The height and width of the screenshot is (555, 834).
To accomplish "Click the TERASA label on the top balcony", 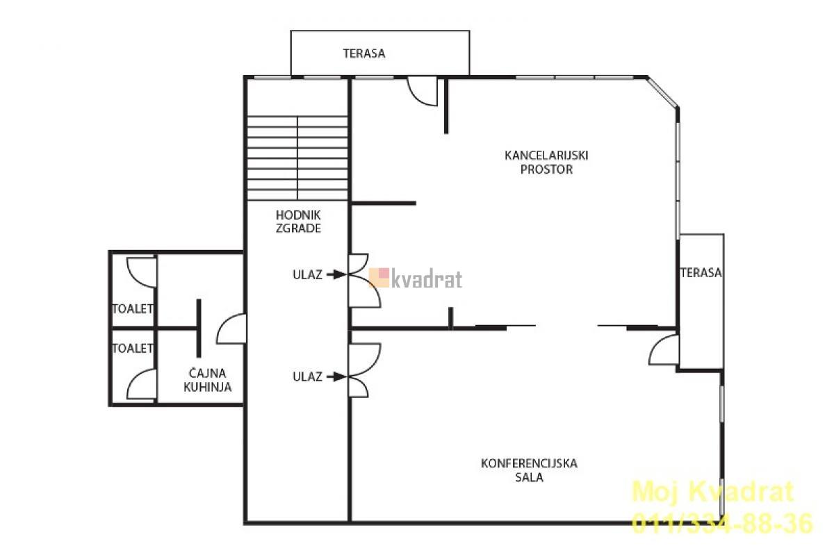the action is point(364,53).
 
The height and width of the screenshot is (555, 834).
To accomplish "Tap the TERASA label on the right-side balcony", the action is point(701,273).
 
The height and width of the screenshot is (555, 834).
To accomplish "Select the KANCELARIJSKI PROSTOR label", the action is point(546,163).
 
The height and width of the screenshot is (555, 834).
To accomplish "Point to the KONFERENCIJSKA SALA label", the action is point(529,470).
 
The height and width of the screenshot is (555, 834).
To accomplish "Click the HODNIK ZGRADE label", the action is point(298,222).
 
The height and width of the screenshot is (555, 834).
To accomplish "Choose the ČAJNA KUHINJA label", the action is point(207,380).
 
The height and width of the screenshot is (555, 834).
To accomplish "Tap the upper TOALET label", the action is point(133,308).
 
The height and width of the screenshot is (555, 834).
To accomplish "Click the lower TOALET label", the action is point(133,348).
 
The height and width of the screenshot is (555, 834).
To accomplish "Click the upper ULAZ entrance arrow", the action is point(336,274).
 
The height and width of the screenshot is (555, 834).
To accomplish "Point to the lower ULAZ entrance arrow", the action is point(336,376).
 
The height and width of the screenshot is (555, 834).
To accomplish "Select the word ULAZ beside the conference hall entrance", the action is point(307,376).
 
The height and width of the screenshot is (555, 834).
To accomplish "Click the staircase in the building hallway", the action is point(297,158).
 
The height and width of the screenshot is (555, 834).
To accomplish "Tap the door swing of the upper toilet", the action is point(142,272).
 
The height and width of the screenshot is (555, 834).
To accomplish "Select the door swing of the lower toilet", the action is point(142,385).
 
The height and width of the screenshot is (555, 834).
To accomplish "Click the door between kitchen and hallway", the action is point(231,329).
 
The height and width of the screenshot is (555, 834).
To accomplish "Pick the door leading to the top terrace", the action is point(422,91).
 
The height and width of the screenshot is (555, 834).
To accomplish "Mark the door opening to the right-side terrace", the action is point(664,350).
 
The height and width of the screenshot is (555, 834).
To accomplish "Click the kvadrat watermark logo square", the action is point(379,278).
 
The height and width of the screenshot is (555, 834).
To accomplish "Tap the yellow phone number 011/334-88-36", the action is point(722,523).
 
